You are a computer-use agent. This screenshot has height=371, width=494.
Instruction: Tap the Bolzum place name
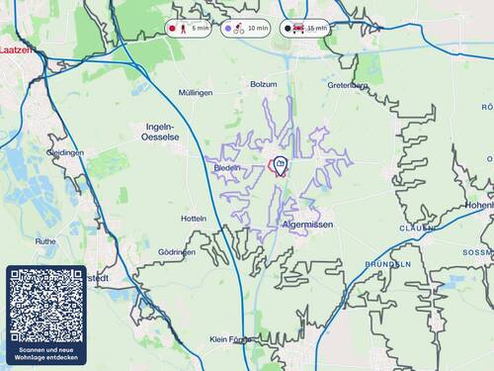264,85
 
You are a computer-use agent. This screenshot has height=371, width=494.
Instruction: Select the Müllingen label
196,92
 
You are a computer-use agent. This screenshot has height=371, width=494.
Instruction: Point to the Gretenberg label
348,85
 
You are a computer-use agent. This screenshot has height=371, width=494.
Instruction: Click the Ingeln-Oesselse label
159,133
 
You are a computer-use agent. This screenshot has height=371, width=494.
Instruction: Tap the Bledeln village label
226,168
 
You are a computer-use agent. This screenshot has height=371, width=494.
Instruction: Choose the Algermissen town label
307,226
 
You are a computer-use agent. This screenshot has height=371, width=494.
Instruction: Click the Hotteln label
194,218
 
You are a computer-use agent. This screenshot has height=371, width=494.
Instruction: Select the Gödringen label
177,252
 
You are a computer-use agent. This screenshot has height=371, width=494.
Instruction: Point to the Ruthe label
45,240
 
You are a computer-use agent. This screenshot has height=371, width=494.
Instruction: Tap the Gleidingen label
65,153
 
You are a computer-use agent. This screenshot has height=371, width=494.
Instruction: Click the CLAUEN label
417,228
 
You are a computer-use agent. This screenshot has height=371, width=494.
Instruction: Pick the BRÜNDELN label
387,265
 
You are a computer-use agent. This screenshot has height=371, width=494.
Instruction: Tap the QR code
46,304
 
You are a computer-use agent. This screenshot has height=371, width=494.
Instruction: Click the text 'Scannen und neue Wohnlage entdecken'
46,353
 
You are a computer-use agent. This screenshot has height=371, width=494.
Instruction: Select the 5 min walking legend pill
190,29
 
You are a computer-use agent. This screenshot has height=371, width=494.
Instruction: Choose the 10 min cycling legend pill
246,29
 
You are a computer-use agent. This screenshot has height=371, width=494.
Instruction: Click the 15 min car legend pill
304,29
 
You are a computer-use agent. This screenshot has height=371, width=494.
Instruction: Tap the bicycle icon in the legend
239,29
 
